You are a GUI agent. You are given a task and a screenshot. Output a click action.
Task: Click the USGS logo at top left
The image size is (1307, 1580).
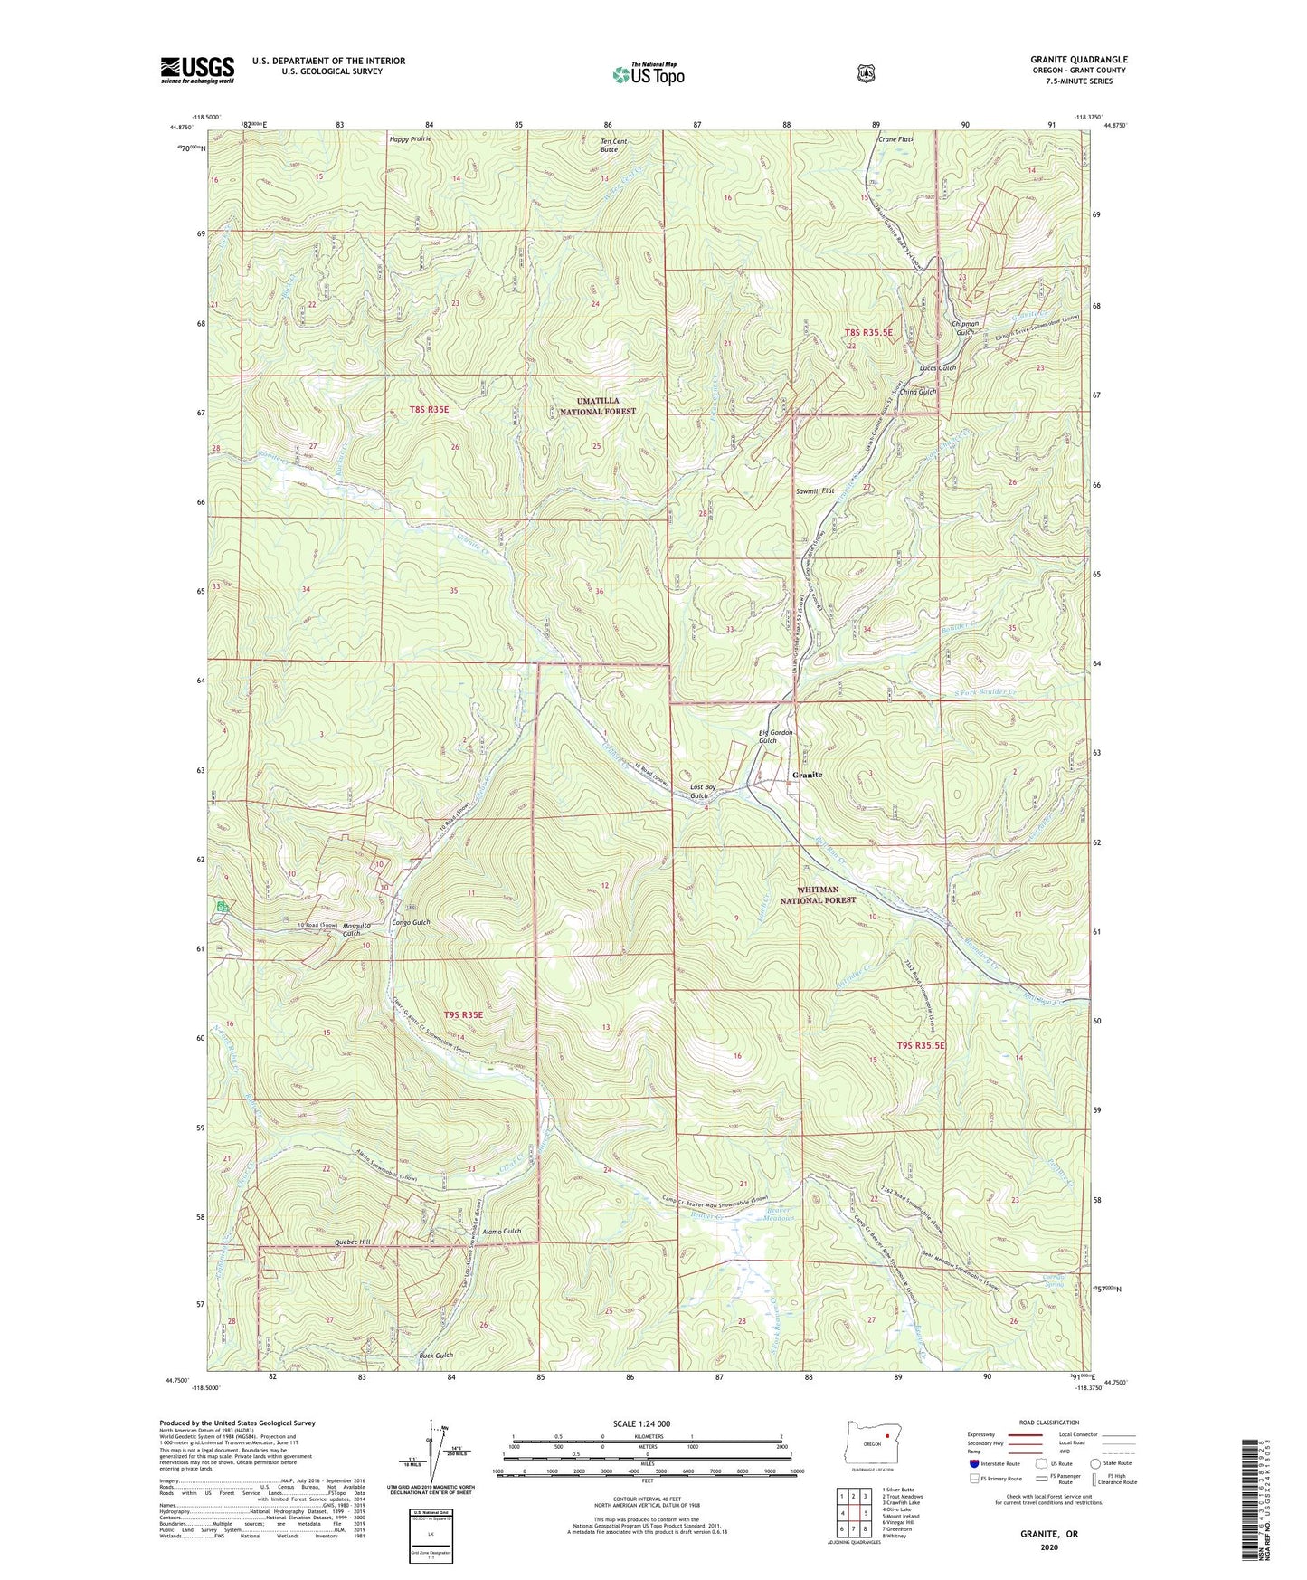pyautogui.click(x=197, y=70)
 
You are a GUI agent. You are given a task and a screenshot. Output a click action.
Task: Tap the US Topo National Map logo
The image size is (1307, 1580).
pyautogui.click(x=648, y=73)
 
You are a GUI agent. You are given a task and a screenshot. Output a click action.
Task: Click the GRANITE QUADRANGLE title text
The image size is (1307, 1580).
pyautogui.click(x=1078, y=60)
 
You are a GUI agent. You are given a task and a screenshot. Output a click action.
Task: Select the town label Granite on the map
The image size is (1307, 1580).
pyautogui.click(x=807, y=776)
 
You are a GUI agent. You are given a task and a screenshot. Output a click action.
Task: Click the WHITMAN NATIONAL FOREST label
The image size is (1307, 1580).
pyautogui.click(x=818, y=895)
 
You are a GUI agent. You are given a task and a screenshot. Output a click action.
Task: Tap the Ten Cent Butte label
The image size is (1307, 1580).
pyautogui.click(x=613, y=145)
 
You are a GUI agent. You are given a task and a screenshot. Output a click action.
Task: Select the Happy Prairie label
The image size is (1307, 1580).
pyautogui.click(x=411, y=138)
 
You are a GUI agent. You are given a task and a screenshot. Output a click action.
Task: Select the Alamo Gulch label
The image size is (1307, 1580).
pyautogui.click(x=502, y=1232)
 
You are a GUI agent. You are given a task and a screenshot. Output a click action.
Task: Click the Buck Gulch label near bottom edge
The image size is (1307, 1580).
pyautogui.click(x=436, y=1356)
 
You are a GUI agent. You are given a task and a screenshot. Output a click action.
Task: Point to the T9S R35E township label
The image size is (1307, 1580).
pyautogui.click(x=464, y=1014)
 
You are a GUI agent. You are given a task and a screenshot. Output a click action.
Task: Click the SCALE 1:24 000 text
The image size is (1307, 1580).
pyautogui.click(x=641, y=1423)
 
